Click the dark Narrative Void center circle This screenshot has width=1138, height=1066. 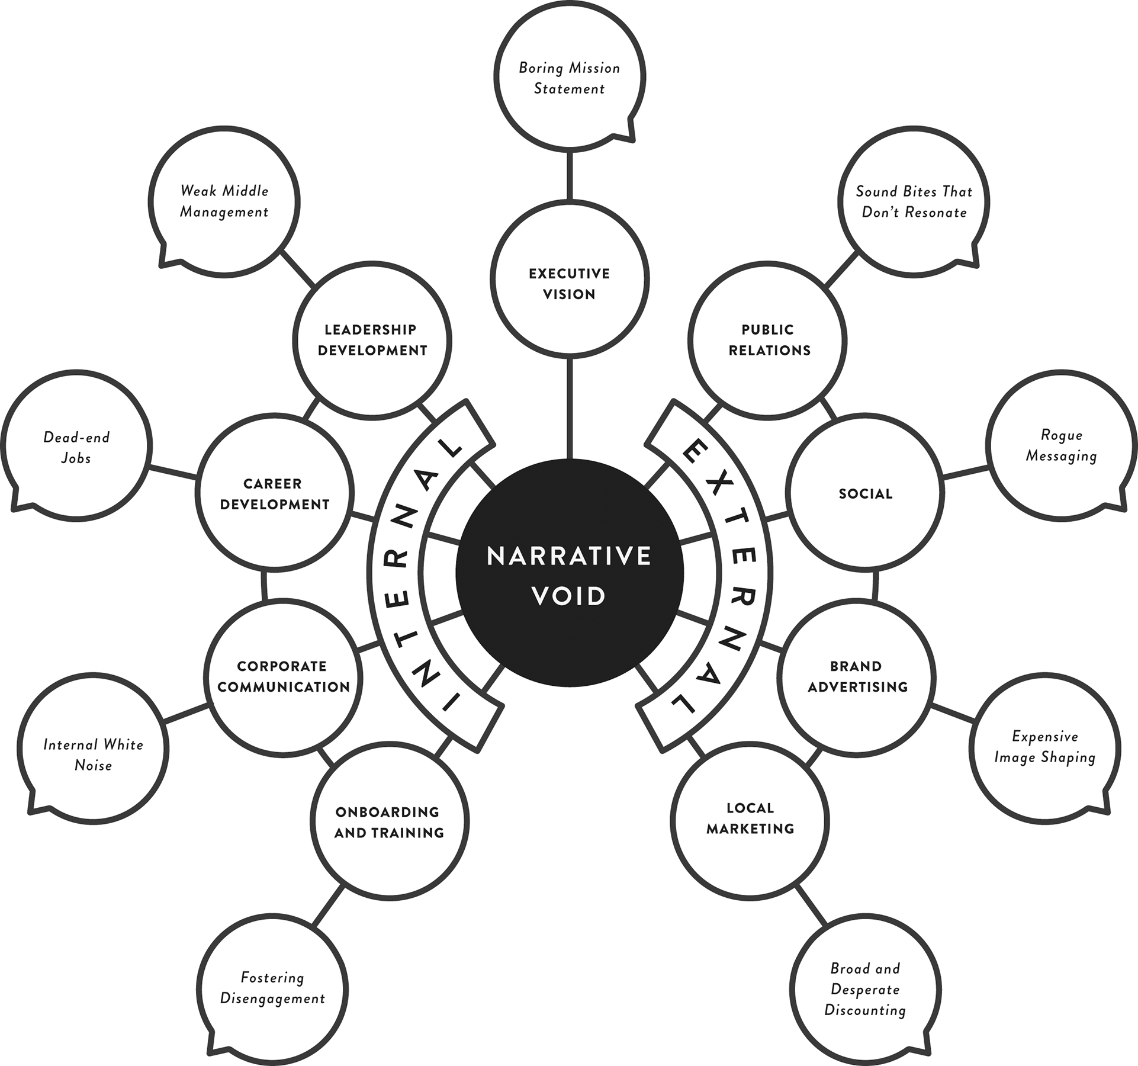click(569, 573)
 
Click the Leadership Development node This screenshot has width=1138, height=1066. click(372, 339)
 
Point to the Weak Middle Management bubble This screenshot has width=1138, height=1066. click(224, 201)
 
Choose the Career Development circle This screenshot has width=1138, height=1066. click(274, 493)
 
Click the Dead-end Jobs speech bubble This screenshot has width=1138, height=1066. click(76, 447)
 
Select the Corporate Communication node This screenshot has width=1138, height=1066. click(283, 676)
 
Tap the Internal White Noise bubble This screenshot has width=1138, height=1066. click(93, 754)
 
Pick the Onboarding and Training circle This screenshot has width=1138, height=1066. click(389, 821)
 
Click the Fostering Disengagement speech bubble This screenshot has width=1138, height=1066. click(272, 987)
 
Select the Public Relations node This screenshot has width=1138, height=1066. click(768, 339)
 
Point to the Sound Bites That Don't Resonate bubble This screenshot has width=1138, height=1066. click(914, 201)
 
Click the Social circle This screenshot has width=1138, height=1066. click(865, 493)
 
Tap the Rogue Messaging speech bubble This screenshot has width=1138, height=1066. click(1061, 445)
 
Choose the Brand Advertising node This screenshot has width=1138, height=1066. click(857, 676)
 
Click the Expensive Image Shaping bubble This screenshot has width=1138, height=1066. click(1044, 747)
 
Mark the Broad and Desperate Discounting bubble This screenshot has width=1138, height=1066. click(865, 988)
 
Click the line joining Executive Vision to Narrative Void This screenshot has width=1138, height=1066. click(570, 409)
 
